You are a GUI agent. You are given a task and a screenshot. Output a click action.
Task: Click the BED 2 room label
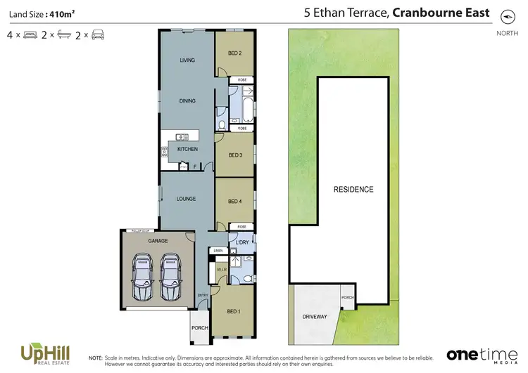pyautogui.click(x=235, y=53)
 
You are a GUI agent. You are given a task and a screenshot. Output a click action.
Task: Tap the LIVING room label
pyautogui.click(x=187, y=60)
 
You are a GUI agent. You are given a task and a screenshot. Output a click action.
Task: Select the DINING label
pyautogui.click(x=187, y=101)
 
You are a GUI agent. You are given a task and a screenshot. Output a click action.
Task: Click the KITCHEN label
pyautogui.click(x=187, y=150)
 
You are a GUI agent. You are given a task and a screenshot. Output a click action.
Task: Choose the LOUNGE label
pyautogui.click(x=186, y=199)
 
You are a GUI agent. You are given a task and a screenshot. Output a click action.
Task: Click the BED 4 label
pyautogui.click(x=235, y=202)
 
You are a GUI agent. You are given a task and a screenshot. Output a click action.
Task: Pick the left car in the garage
pyautogui.click(x=142, y=276)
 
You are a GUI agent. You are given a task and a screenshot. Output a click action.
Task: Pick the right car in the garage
pyautogui.click(x=172, y=276)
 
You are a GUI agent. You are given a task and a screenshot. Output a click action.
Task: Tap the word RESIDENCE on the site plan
pyautogui.click(x=353, y=190)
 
